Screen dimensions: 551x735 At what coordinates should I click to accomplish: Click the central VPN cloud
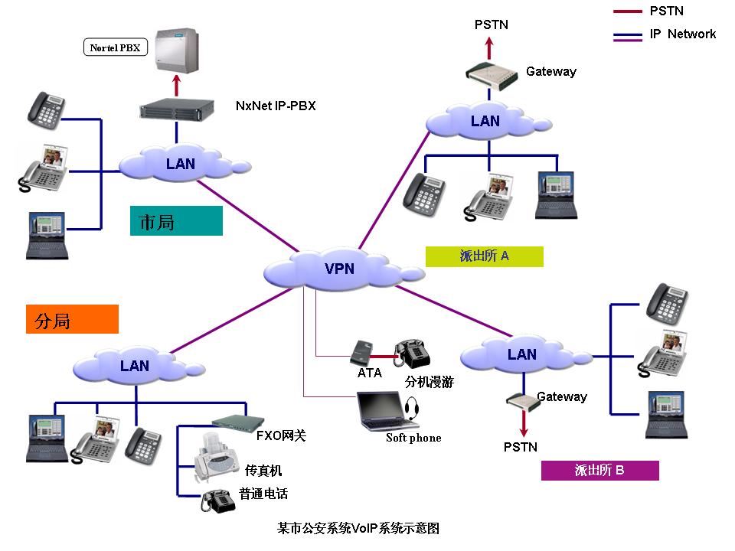(x=337, y=269)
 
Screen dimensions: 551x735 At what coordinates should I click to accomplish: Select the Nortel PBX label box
(x=115, y=47)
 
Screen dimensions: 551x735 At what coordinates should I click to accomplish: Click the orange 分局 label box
(x=72, y=319)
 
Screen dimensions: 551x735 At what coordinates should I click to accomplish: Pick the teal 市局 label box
(x=176, y=220)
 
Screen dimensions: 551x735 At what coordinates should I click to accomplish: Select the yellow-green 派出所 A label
(x=484, y=256)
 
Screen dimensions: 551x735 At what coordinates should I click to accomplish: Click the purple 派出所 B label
(x=599, y=470)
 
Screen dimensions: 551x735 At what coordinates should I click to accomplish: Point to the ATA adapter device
(x=361, y=352)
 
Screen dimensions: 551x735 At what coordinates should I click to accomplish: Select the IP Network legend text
(x=682, y=34)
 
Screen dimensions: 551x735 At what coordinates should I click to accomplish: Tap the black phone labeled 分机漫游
(x=410, y=354)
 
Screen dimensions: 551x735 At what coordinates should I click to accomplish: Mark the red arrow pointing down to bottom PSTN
(x=524, y=422)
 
